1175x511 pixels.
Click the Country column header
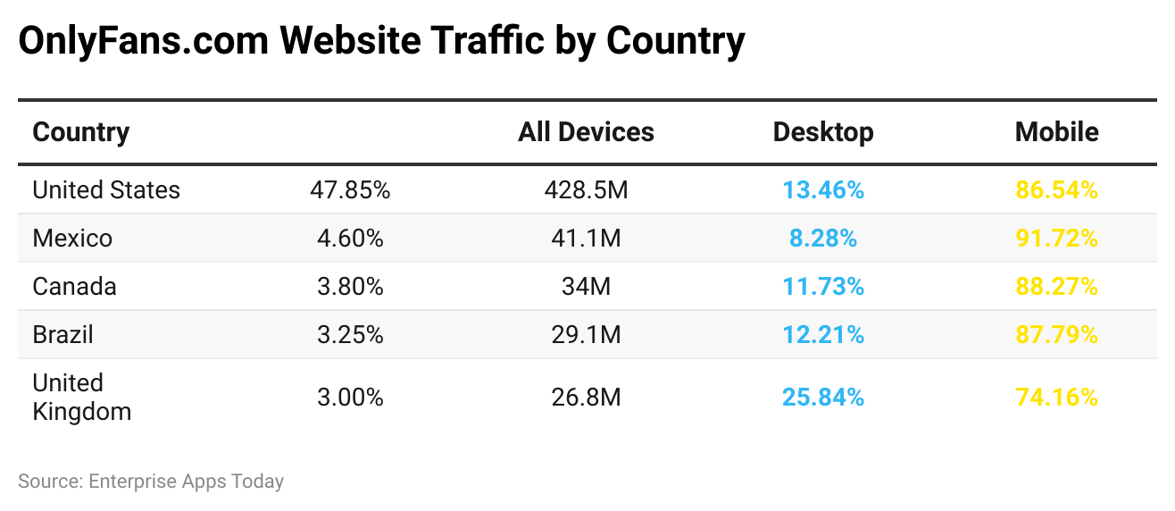[x=81, y=132]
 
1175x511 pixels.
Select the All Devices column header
[x=586, y=132]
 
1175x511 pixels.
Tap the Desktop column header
[x=822, y=132]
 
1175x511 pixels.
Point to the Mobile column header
[x=1056, y=132]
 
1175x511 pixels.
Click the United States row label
[x=106, y=190]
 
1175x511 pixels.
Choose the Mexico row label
[x=72, y=239]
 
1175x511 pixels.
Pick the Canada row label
[x=75, y=287]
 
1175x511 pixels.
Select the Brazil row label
[x=62, y=335]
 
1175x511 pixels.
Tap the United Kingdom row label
[x=81, y=397]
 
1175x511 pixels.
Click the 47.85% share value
[x=350, y=190]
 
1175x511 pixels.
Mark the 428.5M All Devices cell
[x=586, y=190]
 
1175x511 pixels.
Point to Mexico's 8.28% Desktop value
[x=822, y=239]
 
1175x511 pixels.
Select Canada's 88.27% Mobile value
[x=1056, y=287]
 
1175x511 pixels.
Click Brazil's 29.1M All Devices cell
[x=586, y=335]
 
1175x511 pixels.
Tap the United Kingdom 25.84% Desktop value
[x=822, y=397]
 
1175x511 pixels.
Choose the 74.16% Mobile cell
[x=1056, y=397]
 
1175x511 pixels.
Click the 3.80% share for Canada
[x=350, y=287]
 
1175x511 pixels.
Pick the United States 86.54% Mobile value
[x=1056, y=190]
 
